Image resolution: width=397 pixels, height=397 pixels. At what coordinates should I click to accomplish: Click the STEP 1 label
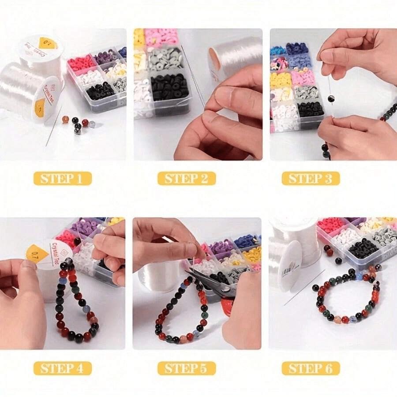tap(62, 178)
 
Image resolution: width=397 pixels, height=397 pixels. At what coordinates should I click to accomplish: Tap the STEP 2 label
tap(187, 178)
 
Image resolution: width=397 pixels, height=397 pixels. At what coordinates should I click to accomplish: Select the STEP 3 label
tap(311, 178)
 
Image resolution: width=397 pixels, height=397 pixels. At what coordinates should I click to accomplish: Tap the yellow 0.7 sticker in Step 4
tap(45, 255)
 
